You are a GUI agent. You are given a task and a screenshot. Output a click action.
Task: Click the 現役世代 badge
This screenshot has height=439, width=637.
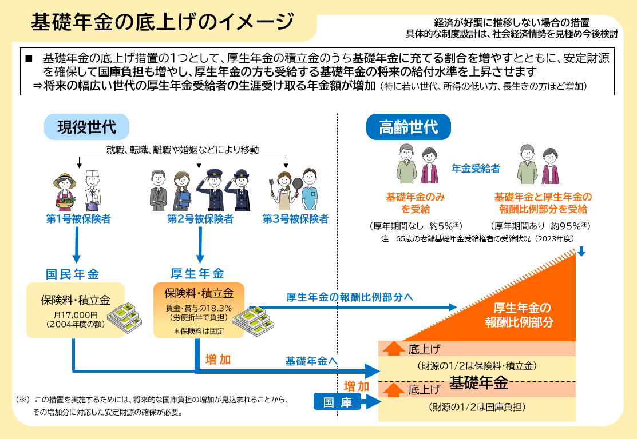click(x=87, y=127)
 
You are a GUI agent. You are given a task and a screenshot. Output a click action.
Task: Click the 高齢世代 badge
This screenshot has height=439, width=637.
click(x=409, y=127)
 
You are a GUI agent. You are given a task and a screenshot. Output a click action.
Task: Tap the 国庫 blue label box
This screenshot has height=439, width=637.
click(x=338, y=402)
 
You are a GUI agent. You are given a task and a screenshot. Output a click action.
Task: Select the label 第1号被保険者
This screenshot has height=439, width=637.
click(x=78, y=219)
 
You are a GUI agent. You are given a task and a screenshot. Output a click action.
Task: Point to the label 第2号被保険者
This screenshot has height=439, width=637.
click(x=200, y=219)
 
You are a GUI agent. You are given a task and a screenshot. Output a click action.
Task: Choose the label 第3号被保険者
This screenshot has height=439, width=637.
click(x=296, y=219)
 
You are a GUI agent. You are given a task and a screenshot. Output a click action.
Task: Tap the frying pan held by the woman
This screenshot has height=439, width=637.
click(x=298, y=185)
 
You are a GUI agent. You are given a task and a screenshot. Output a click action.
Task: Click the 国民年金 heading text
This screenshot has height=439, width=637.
click(x=72, y=273)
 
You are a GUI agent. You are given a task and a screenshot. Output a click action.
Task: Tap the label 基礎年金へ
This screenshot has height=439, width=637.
click(x=311, y=361)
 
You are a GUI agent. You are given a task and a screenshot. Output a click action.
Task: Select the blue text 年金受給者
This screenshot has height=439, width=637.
click(x=476, y=169)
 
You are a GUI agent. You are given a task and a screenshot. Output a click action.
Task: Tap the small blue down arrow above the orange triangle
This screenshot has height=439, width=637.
click(x=581, y=252)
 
